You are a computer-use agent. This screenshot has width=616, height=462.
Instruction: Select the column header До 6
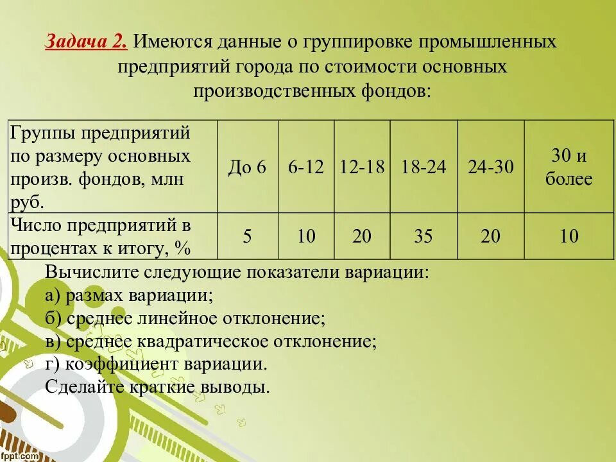tap(247, 167)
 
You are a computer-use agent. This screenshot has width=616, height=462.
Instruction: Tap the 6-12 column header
tap(306, 167)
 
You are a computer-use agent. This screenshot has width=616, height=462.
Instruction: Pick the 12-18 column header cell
tap(362, 167)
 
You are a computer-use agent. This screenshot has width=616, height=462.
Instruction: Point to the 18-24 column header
tap(424, 167)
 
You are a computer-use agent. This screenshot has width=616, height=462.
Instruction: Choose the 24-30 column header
tap(491, 167)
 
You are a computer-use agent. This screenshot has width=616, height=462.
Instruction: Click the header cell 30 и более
tap(569, 167)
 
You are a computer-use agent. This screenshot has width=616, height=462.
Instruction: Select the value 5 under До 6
tap(247, 236)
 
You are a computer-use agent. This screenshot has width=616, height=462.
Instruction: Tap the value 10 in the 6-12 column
tap(306, 236)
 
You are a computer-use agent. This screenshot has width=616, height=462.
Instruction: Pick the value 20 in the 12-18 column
tap(362, 236)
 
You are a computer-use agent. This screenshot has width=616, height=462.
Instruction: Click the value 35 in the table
tap(424, 236)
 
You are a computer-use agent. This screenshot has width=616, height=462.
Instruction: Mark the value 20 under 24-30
tap(491, 236)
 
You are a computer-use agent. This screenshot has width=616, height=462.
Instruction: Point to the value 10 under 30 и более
tap(569, 236)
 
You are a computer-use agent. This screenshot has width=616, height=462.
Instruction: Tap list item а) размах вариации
tap(129, 295)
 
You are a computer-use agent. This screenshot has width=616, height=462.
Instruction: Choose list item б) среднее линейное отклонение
tap(186, 318)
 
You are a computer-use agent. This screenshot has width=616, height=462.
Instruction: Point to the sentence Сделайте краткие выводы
tap(157, 387)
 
